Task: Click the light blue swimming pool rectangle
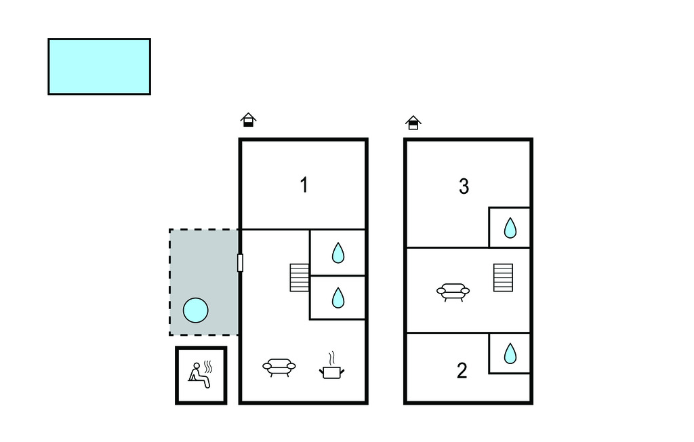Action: click(x=99, y=66)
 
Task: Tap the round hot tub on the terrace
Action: click(x=196, y=310)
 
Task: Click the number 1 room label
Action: click(x=304, y=184)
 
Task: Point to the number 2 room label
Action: click(x=462, y=371)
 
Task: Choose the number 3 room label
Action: click(x=464, y=186)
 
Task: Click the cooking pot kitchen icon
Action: click(x=331, y=371)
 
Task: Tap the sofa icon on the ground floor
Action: click(x=279, y=367)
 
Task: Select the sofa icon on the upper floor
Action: click(x=453, y=292)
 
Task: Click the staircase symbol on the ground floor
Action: click(x=300, y=277)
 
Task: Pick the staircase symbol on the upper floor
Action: click(x=503, y=277)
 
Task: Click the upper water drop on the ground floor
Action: click(x=338, y=254)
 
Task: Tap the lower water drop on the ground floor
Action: click(x=338, y=298)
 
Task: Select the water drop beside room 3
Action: click(x=510, y=228)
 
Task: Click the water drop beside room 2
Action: click(x=510, y=353)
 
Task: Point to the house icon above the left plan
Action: click(x=249, y=121)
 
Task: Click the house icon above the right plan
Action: click(x=413, y=123)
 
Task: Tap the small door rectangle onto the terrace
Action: click(x=240, y=262)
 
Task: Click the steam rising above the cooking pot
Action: click(x=331, y=357)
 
